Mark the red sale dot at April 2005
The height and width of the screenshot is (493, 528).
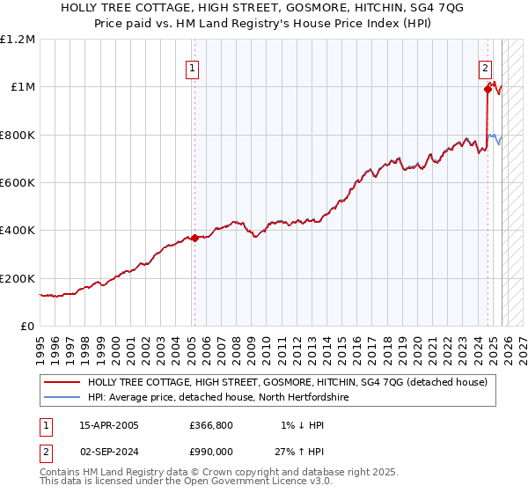pyautogui.click(x=194, y=238)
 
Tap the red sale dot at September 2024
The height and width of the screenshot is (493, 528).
pyautogui.click(x=488, y=88)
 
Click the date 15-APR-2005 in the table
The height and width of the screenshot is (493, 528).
pyautogui.click(x=109, y=425)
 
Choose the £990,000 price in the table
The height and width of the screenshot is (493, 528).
pyautogui.click(x=211, y=452)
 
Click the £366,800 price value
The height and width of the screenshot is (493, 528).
pyautogui.click(x=211, y=425)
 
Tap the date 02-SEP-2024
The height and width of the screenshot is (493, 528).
pyautogui.click(x=109, y=452)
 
